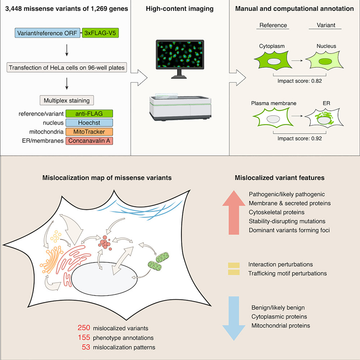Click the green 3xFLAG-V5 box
click(100, 34)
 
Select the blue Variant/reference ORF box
click(48, 34)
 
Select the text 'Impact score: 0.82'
click(300, 81)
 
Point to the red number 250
click(83, 329)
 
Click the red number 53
click(86, 347)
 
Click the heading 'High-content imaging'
click(180, 9)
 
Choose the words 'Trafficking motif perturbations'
click(287, 273)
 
